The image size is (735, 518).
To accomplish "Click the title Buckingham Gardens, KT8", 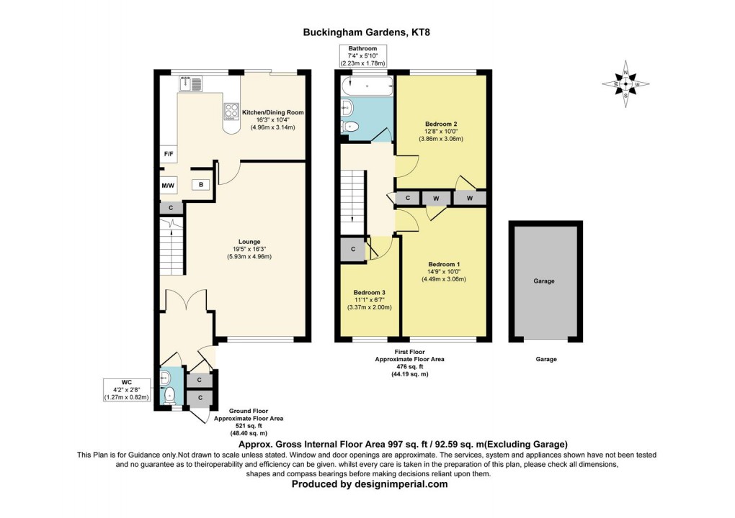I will click(367, 32).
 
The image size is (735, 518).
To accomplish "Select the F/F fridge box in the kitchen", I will click(168, 154).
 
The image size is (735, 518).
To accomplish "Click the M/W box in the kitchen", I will click(168, 186).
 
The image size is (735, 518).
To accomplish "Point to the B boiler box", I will click(201, 185).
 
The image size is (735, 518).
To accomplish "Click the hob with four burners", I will click(232, 111).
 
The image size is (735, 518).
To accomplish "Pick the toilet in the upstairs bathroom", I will click(351, 127).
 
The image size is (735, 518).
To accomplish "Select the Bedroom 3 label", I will click(369, 293).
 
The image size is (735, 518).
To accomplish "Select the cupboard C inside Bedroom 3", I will click(353, 250).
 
